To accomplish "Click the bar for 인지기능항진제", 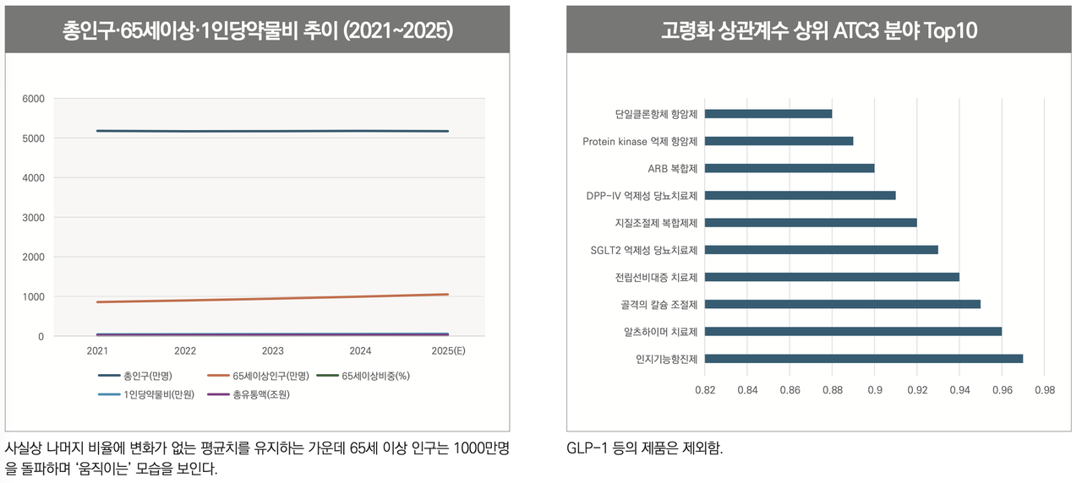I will tap(863, 358).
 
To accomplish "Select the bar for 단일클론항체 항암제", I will tap(768, 114).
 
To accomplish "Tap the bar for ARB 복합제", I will tap(789, 168).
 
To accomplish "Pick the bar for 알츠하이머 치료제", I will tap(853, 331).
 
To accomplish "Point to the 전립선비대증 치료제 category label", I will tap(656, 277).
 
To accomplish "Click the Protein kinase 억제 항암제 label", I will tap(640, 141).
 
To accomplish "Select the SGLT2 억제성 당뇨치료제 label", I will tap(643, 250).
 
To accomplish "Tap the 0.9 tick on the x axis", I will tap(875, 390).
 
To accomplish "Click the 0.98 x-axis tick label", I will tap(1044, 390).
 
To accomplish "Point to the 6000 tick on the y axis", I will tap(33, 99).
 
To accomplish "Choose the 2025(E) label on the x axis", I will tap(448, 350).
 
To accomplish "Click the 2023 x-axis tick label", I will tap(272, 350).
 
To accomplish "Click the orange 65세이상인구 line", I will tap(272, 298).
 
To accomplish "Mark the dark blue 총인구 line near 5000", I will tap(272, 131).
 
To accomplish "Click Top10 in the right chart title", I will tap(950, 31).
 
